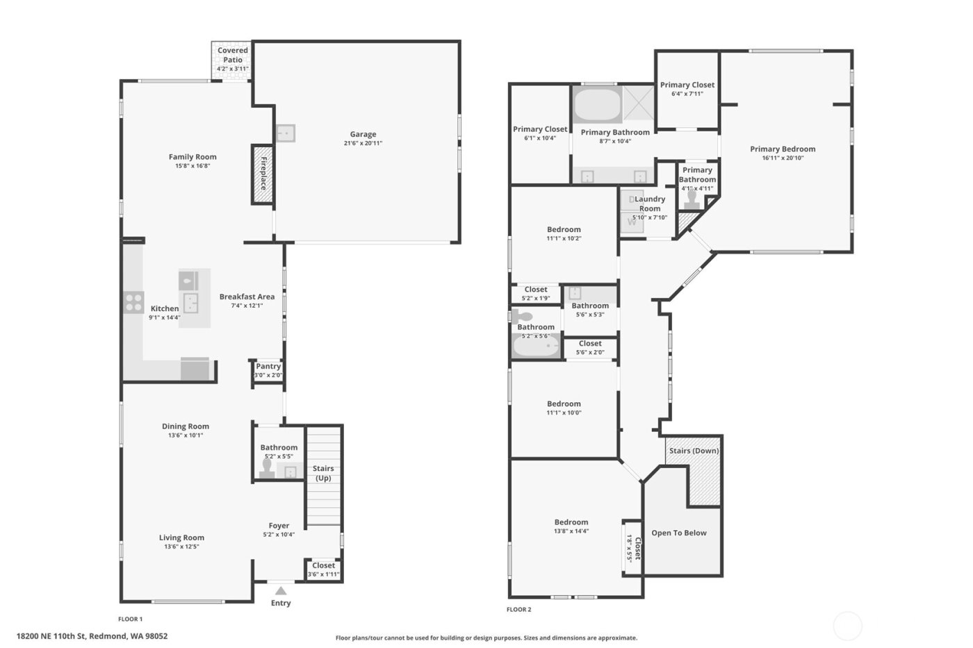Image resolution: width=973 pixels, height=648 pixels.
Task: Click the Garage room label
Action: coord(363,135)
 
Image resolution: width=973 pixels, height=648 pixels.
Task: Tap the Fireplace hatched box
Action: coord(262,174)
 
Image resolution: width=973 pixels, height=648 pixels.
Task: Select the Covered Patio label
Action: coord(232,55)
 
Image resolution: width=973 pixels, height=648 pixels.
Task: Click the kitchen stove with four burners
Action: coord(133,303)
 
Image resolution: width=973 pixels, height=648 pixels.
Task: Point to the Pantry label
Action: coord(268,366)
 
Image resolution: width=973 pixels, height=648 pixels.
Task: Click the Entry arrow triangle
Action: coord(280,590)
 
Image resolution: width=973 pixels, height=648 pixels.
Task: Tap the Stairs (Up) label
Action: coord(323,473)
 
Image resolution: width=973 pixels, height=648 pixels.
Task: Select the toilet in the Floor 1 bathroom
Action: coord(266,470)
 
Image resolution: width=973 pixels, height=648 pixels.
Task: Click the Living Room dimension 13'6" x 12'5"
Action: coord(181,547)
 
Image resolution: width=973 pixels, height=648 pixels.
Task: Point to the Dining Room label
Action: coord(186,426)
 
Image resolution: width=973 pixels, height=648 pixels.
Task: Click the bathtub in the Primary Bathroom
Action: coord(597,105)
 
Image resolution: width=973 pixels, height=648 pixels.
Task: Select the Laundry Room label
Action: coord(650,203)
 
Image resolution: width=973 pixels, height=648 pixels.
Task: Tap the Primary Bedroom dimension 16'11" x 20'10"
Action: coord(783,158)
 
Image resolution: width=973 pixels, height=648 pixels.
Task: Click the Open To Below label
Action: coord(679,533)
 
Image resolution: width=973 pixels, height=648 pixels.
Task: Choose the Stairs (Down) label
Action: coord(694,451)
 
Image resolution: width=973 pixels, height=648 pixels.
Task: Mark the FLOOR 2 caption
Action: coord(518,610)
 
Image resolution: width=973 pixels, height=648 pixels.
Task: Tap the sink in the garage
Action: coord(285,133)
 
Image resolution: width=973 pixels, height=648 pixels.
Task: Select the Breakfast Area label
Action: coord(247,297)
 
